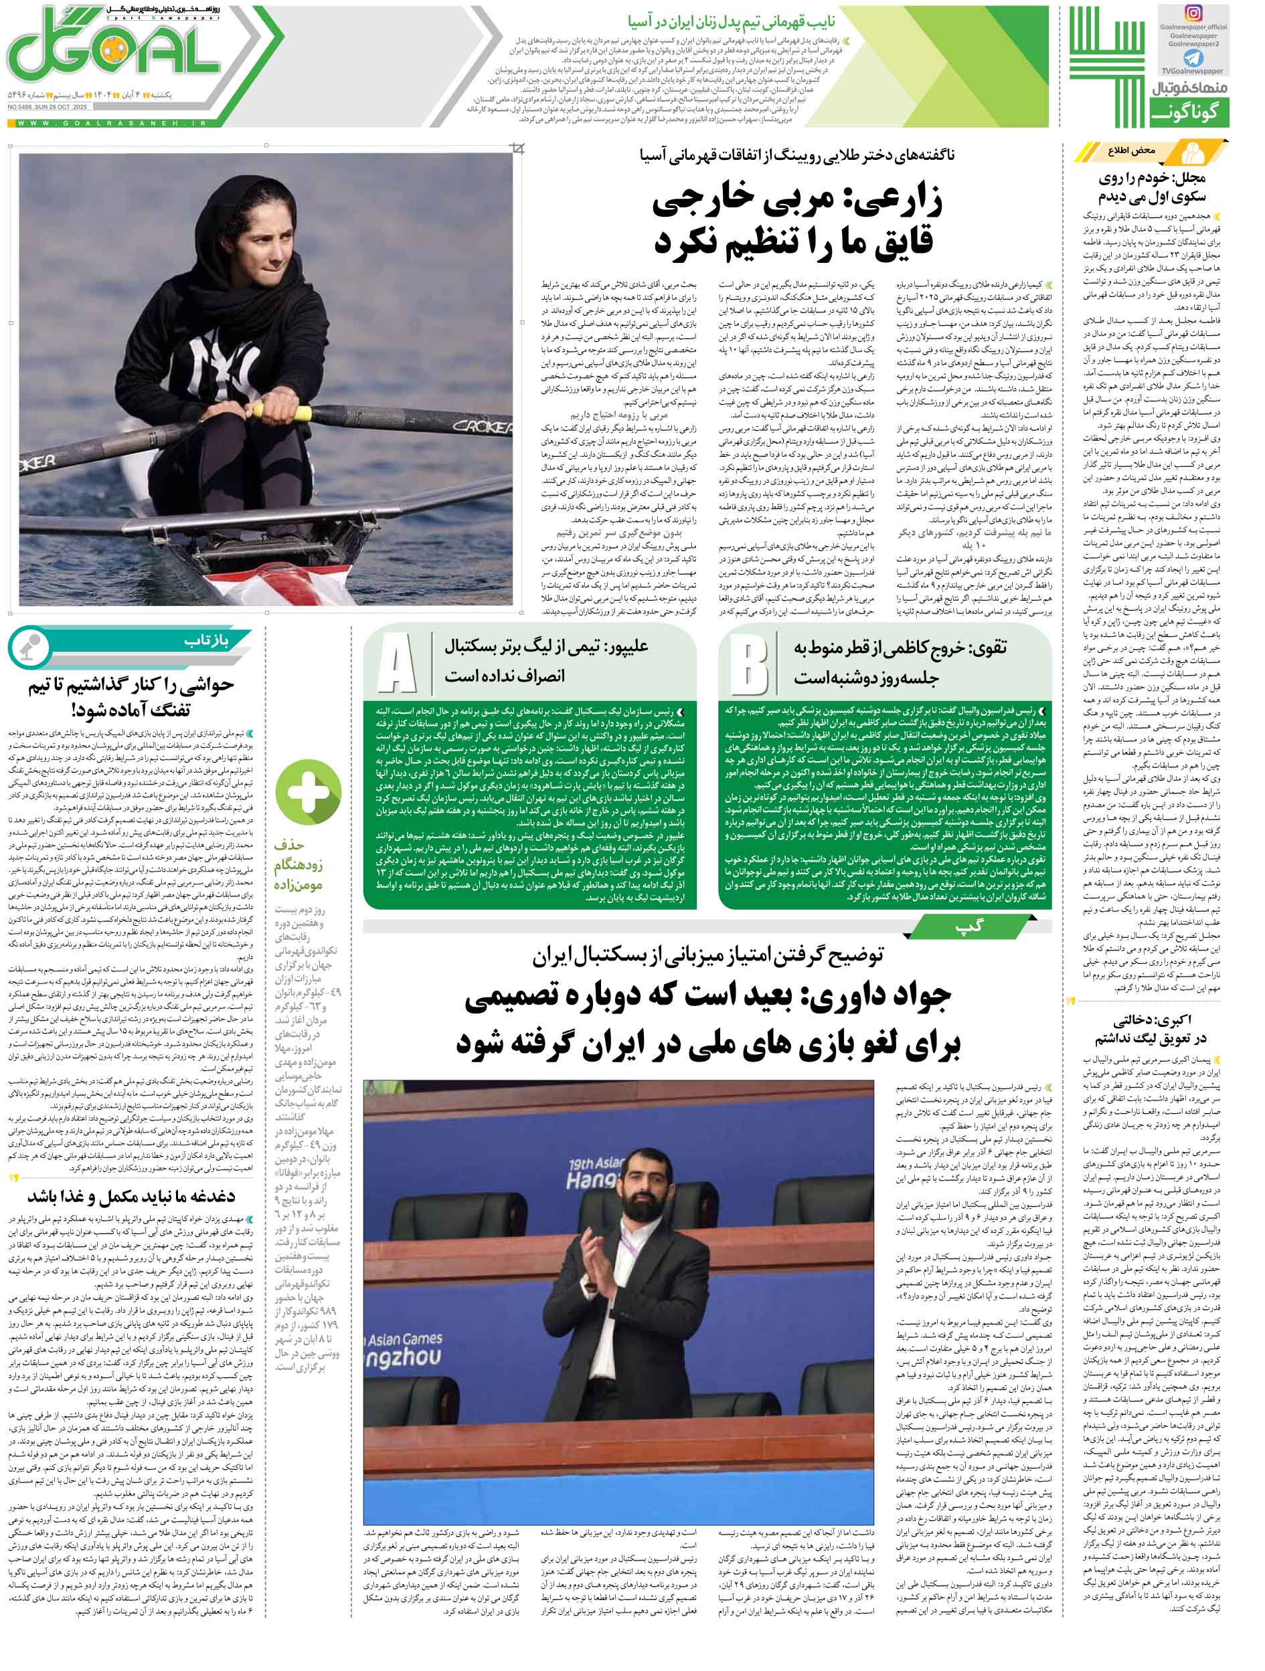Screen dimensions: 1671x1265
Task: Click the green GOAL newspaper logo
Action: (121, 60)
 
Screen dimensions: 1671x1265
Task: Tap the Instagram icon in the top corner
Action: (1193, 13)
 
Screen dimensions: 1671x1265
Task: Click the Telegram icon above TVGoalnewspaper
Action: (1193, 58)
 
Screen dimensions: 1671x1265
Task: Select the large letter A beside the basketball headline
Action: (397, 664)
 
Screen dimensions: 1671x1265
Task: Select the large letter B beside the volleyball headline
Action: (749, 664)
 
